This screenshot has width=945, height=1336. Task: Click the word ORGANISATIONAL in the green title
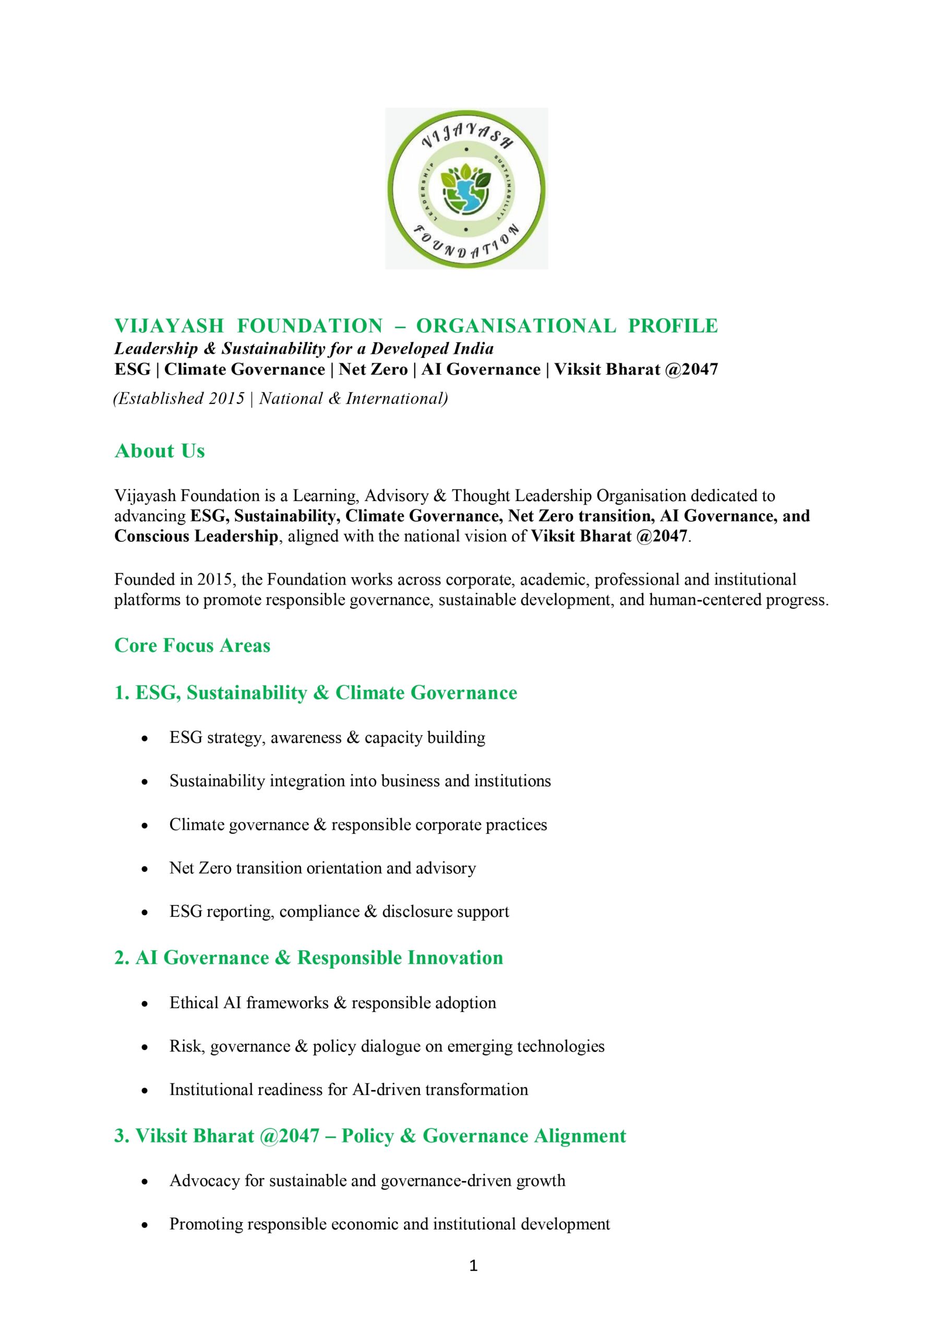click(516, 326)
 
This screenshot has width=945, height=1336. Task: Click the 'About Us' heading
click(160, 451)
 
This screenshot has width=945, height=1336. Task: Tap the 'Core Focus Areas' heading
click(192, 646)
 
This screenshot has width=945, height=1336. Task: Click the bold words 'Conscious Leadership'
click(196, 536)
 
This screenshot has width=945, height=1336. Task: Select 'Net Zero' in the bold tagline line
click(373, 369)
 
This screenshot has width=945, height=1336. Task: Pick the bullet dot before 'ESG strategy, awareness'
click(145, 739)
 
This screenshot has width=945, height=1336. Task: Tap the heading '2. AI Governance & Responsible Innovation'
click(308, 958)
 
